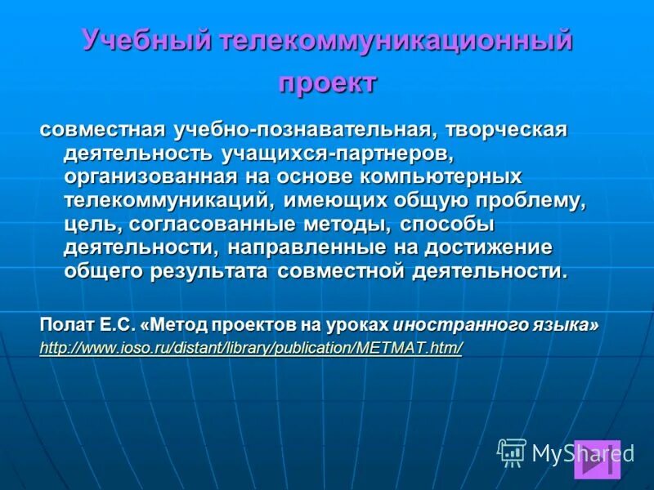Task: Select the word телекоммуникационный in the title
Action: tap(394, 41)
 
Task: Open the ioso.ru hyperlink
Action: tap(251, 347)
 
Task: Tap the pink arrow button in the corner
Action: tap(597, 459)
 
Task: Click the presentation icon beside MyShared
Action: tap(512, 452)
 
